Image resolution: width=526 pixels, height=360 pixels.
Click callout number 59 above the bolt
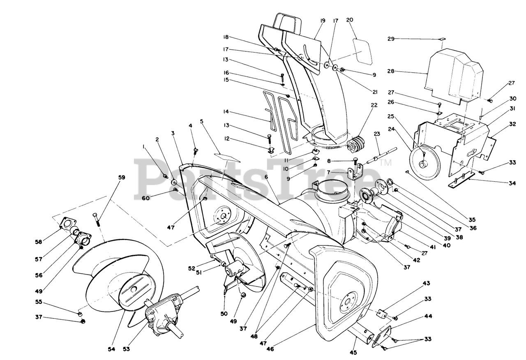tap(110, 178)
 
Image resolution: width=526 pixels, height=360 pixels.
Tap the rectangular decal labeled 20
tap(362, 50)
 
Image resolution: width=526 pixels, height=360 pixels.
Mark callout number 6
tap(266, 176)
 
